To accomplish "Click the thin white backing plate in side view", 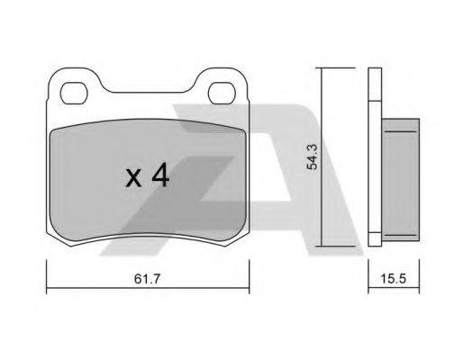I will click(x=377, y=157).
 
